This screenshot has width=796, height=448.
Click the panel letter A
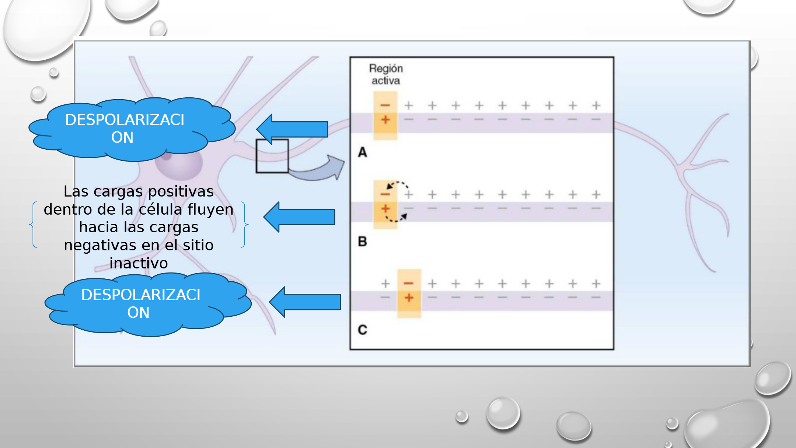click(x=363, y=152)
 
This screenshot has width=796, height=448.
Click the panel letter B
click(x=363, y=242)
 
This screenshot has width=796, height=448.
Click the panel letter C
click(x=363, y=330)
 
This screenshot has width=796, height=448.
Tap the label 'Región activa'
click(x=386, y=74)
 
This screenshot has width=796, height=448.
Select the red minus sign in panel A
click(x=385, y=105)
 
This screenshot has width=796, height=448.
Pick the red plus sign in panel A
click(x=385, y=119)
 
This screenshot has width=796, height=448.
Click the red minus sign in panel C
click(x=409, y=283)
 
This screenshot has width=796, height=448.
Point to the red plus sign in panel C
click(x=409, y=298)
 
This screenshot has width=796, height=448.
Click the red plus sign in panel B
click(x=385, y=209)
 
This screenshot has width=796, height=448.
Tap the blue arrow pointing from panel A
click(x=292, y=129)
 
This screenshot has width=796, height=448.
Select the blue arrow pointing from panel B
click(x=299, y=217)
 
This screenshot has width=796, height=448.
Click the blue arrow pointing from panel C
click(x=305, y=302)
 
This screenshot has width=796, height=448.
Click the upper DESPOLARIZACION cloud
click(x=132, y=129)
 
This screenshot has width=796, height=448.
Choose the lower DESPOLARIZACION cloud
click(x=148, y=304)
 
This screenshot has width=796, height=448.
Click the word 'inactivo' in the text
click(x=139, y=263)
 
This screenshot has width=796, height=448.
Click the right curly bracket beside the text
click(x=245, y=224)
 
